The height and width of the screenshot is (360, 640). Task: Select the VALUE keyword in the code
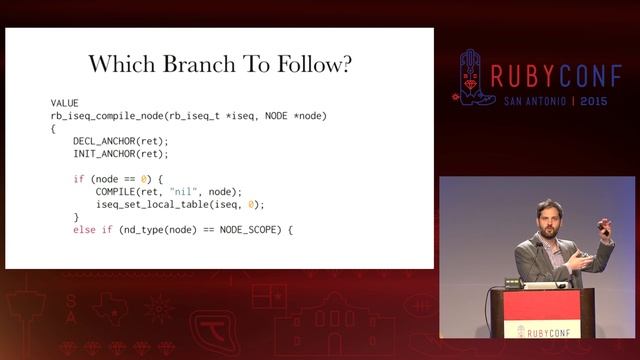[64, 104]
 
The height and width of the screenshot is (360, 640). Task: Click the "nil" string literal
[181, 191]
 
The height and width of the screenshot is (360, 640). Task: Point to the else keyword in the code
[84, 230]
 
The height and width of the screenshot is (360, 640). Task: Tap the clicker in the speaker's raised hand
[604, 228]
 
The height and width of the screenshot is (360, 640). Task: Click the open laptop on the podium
[545, 285]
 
